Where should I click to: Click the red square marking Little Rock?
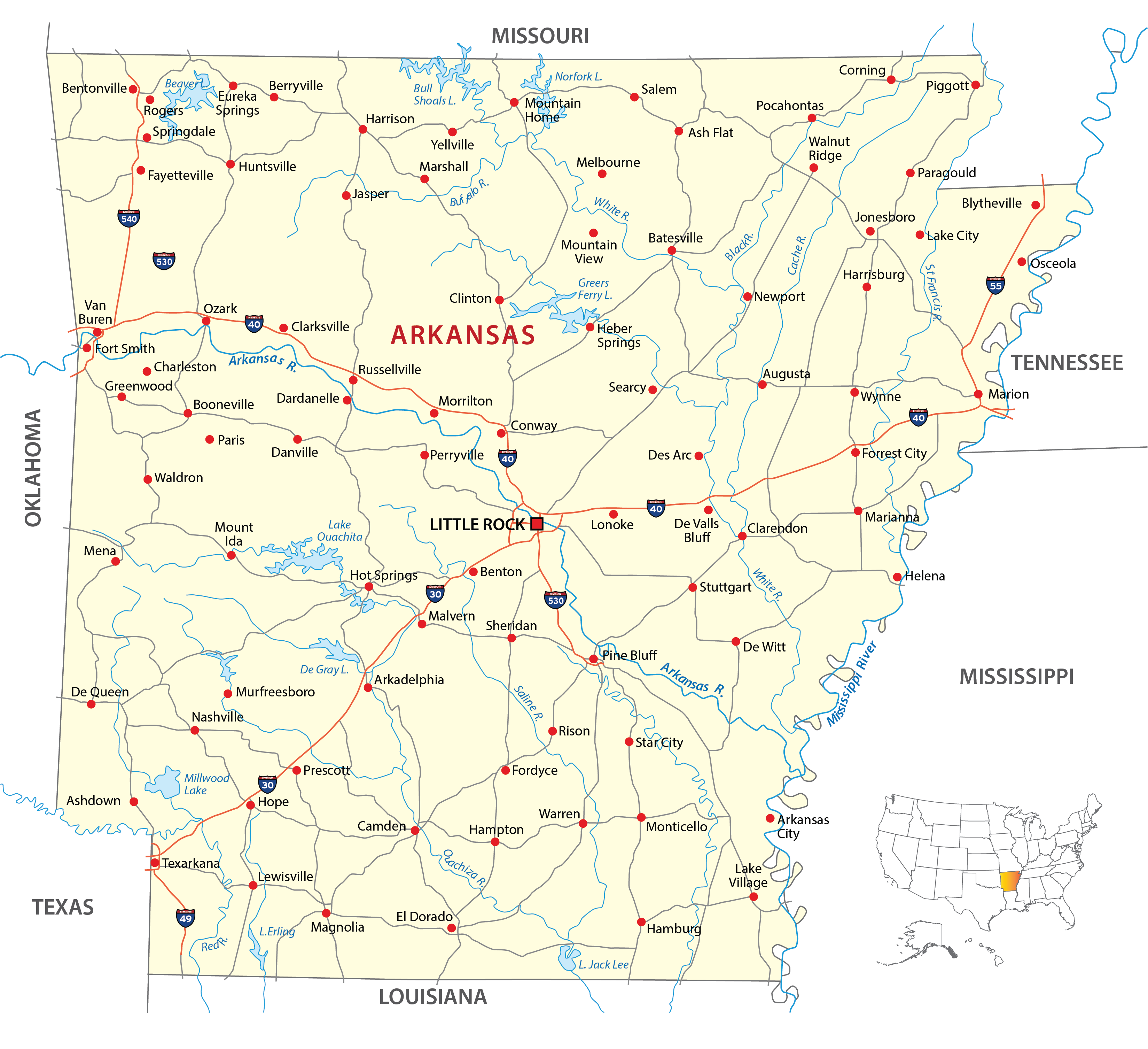(537, 524)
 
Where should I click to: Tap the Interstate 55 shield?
(995, 285)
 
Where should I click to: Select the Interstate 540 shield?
(129, 218)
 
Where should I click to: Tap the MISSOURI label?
(540, 36)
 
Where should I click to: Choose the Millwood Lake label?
(206, 784)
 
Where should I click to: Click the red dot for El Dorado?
(452, 928)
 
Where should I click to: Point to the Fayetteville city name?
(180, 176)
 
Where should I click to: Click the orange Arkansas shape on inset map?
(1008, 881)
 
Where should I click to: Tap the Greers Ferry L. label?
(594, 289)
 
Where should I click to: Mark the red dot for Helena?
(897, 577)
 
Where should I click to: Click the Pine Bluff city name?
(629, 655)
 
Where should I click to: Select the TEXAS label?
(63, 907)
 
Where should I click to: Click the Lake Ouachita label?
(339, 531)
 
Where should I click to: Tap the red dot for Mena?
(116, 561)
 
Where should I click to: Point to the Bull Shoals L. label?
(434, 94)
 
